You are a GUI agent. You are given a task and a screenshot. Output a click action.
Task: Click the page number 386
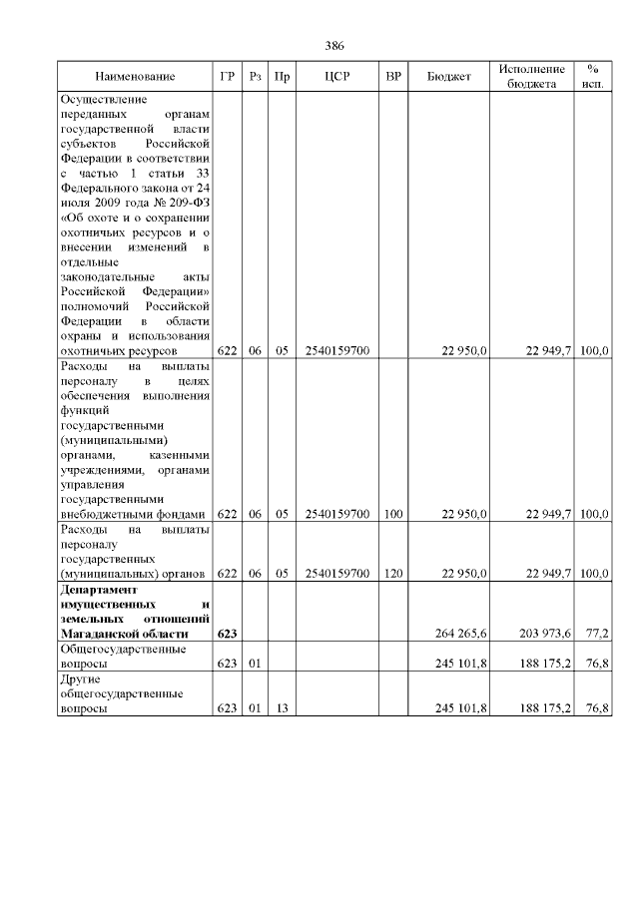(334, 45)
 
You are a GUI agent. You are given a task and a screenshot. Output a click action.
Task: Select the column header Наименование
(135, 77)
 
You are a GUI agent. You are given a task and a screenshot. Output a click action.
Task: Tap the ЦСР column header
(336, 77)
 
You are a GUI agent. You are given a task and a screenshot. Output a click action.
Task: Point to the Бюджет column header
(448, 77)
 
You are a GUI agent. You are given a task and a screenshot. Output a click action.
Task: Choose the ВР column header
(393, 77)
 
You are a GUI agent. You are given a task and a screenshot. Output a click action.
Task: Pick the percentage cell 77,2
(597, 634)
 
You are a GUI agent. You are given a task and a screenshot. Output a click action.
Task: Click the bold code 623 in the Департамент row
(227, 634)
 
